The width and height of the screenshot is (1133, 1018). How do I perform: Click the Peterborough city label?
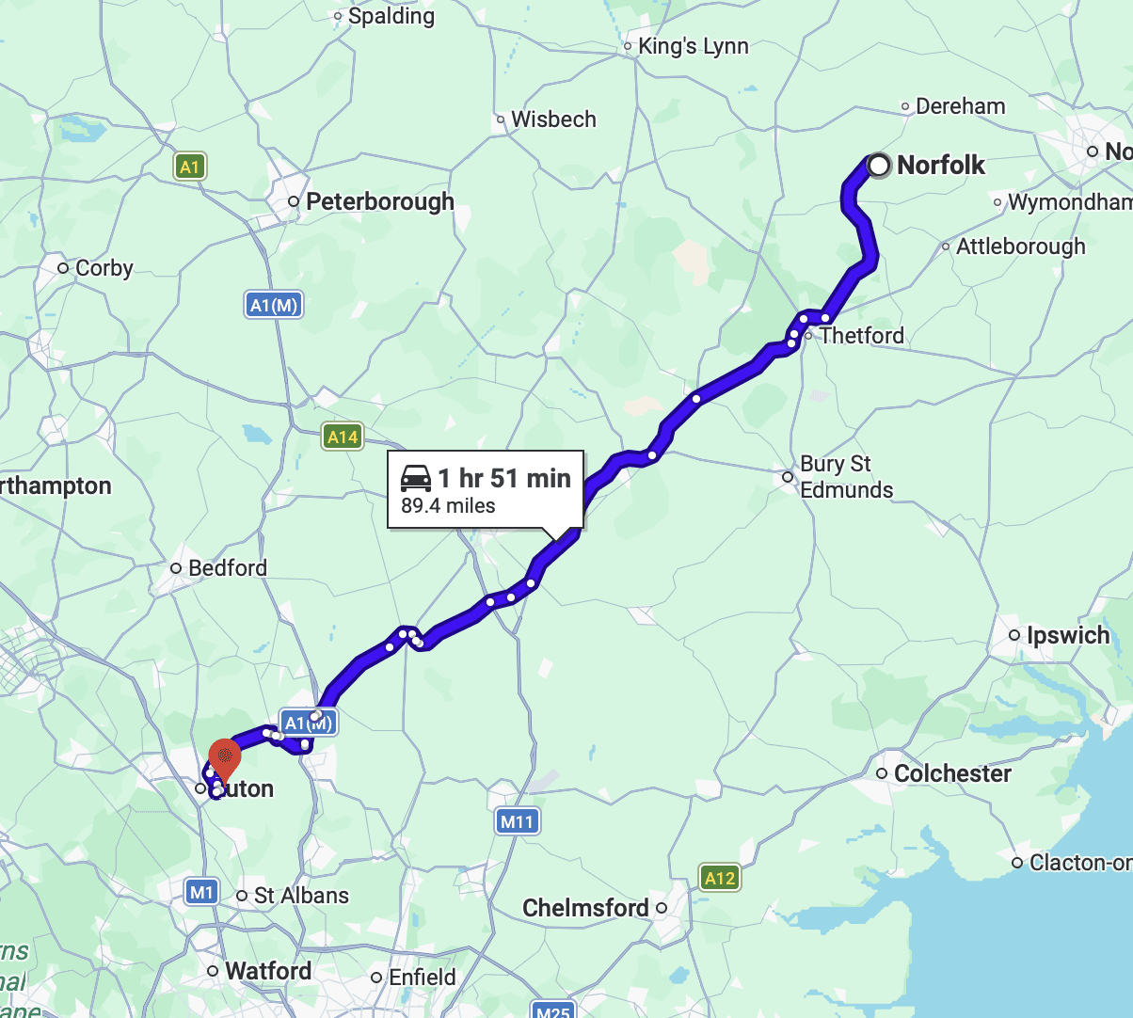click(x=379, y=201)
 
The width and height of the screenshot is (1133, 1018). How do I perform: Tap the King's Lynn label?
click(x=693, y=46)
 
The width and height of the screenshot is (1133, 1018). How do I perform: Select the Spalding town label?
click(x=391, y=16)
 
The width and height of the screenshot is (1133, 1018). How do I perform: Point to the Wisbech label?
click(x=553, y=119)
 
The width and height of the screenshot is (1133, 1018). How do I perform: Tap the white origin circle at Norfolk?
click(x=879, y=166)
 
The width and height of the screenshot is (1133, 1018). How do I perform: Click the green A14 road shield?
click(x=343, y=437)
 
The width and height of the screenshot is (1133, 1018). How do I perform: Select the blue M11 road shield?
click(x=517, y=821)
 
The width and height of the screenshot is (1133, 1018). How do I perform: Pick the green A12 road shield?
click(x=720, y=878)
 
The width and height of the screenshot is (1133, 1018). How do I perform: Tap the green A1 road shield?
click(x=190, y=167)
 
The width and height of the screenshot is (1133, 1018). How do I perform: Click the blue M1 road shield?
click(x=202, y=891)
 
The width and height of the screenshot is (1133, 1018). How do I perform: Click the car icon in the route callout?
click(x=416, y=478)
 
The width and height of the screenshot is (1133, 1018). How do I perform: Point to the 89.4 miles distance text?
click(x=448, y=506)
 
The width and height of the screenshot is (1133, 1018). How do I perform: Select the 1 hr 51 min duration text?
click(x=504, y=478)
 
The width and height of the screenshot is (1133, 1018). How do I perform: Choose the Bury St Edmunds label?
click(x=846, y=477)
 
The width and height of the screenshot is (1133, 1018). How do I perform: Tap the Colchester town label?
click(x=952, y=773)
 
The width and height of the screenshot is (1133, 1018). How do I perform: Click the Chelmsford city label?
click(x=585, y=908)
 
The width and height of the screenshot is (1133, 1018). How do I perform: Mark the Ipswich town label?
click(x=1068, y=635)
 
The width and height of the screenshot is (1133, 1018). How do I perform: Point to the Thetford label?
click(x=861, y=336)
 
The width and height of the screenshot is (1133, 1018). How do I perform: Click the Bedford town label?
click(x=227, y=568)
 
